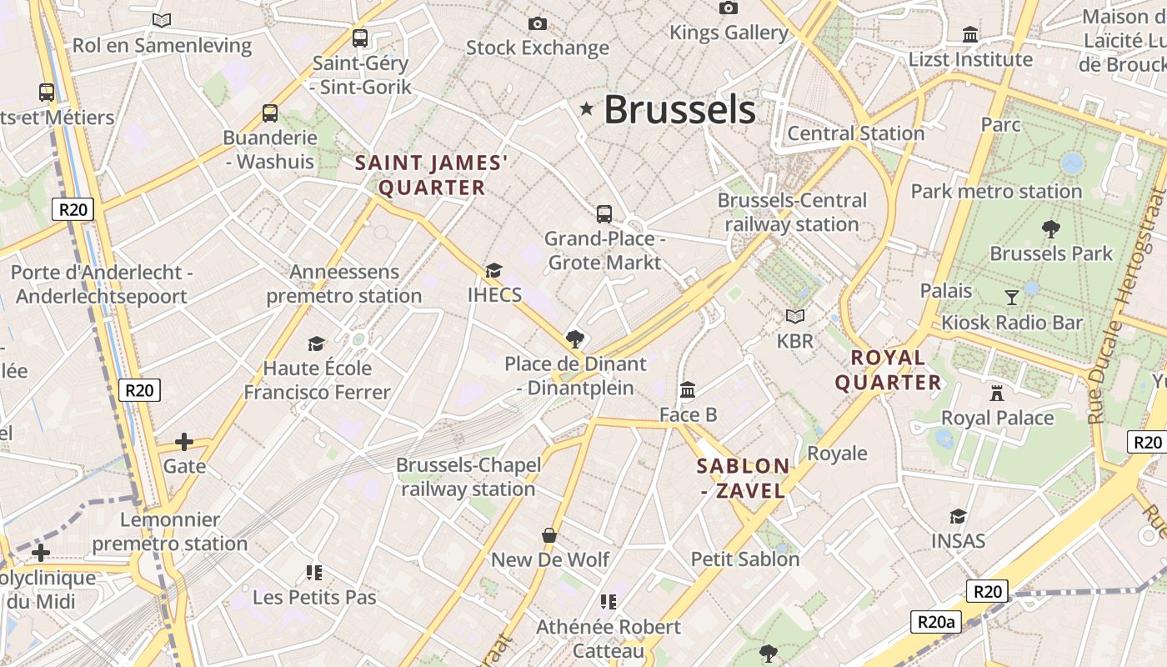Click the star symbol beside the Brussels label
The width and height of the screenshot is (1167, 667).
click(x=587, y=108)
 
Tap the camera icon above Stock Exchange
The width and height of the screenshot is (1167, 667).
click(x=538, y=23)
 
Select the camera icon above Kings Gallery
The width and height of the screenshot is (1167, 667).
click(x=729, y=8)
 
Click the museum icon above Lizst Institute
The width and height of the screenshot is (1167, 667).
click(x=970, y=35)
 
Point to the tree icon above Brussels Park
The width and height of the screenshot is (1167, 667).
click(x=1051, y=228)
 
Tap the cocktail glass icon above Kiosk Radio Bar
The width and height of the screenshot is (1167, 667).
click(x=1012, y=297)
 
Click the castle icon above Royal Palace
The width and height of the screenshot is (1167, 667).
click(x=997, y=393)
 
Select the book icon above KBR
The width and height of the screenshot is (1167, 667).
click(x=795, y=316)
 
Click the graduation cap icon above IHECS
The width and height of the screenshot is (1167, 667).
click(x=494, y=270)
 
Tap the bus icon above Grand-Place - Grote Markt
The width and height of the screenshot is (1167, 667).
click(x=604, y=214)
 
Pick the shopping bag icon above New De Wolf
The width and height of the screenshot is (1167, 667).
click(x=549, y=534)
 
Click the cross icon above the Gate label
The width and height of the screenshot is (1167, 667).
click(x=184, y=441)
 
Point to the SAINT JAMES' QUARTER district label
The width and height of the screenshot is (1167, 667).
click(x=431, y=175)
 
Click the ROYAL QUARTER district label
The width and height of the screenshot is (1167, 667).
click(x=888, y=370)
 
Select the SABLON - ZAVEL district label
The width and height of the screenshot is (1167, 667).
click(x=743, y=478)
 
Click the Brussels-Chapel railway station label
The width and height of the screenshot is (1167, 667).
click(x=468, y=476)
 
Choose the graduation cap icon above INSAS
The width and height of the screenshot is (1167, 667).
click(x=958, y=517)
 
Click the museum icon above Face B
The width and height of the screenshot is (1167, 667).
click(x=688, y=389)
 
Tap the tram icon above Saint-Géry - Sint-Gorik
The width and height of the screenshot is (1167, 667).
click(x=360, y=38)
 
